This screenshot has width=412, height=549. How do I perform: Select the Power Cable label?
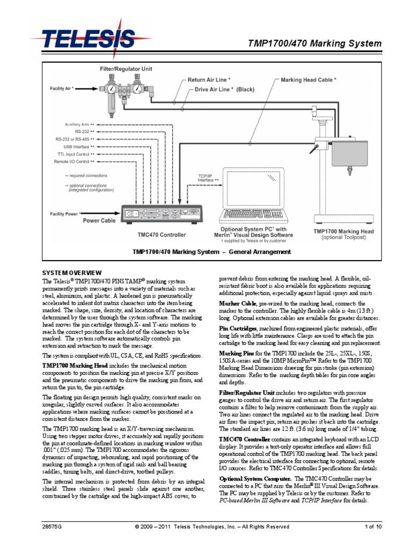99,220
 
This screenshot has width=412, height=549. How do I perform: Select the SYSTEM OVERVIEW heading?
71,273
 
